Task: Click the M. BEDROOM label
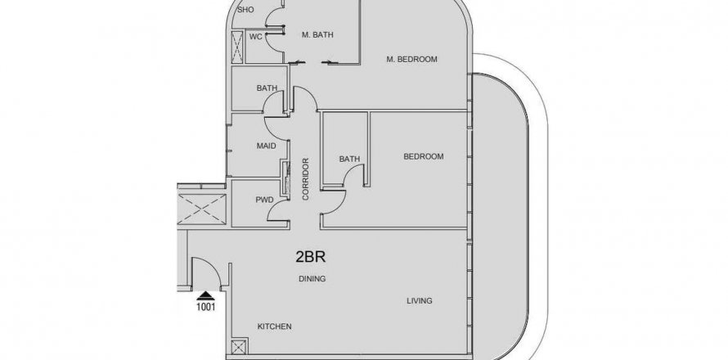pos(411,59)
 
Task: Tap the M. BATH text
pos(317,34)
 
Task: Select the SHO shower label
pos(245,9)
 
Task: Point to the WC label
pos(256,37)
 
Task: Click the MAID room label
pos(266,146)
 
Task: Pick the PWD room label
pos(264,200)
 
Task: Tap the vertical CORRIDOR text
pos(305,179)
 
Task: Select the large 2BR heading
pos(311,257)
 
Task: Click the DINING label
pos(312,279)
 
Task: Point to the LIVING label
pos(420,300)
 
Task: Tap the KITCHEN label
pos(274,326)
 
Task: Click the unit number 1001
pos(205,307)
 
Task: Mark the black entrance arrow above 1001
pos(205,296)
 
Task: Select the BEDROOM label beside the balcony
pos(424,156)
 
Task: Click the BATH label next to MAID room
pos(267,88)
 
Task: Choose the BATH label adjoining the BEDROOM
pos(349,159)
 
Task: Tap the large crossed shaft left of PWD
pos(201,209)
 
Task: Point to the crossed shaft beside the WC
pos(237,47)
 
